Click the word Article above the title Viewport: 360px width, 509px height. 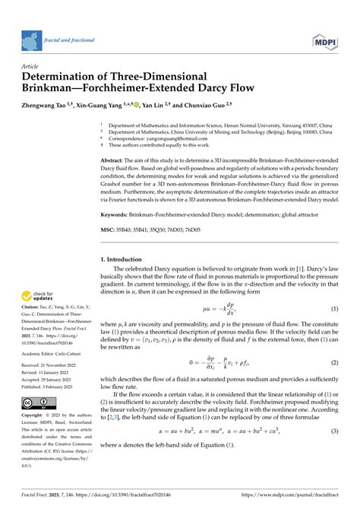[x=33, y=66]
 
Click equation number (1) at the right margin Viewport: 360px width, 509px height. [x=334, y=308]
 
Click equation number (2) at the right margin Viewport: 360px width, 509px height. [x=334, y=362]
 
